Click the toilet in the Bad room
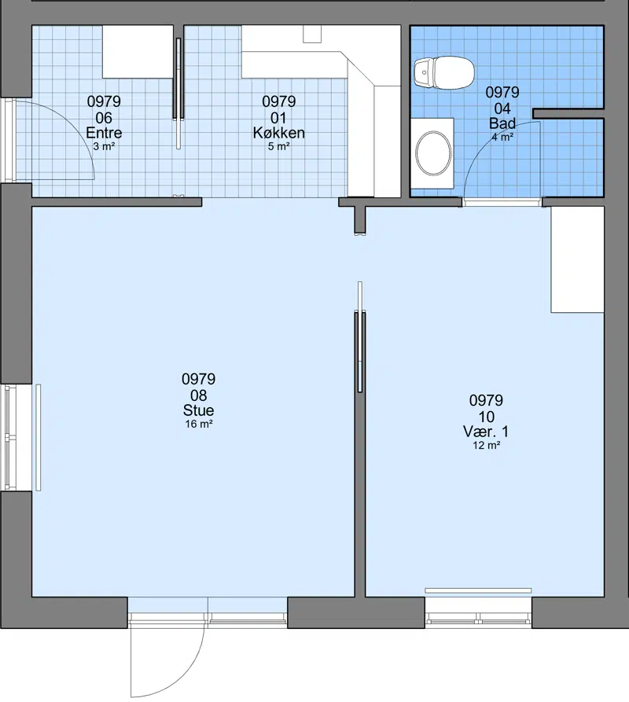[x=443, y=72]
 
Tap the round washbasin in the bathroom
[x=433, y=153]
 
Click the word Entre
[x=104, y=133]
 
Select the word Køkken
[x=278, y=133]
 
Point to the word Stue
[x=198, y=410]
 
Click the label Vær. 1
[x=486, y=432]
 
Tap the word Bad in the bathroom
[x=502, y=123]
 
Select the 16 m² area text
[x=199, y=424]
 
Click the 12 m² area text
[x=486, y=445]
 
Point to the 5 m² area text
[x=278, y=146]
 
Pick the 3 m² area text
[x=104, y=146]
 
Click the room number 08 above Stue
[x=198, y=395]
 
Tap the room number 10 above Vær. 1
[x=486, y=417]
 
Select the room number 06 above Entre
[x=104, y=118]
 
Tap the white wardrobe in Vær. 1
[x=577, y=259]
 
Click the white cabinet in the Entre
[x=138, y=51]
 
